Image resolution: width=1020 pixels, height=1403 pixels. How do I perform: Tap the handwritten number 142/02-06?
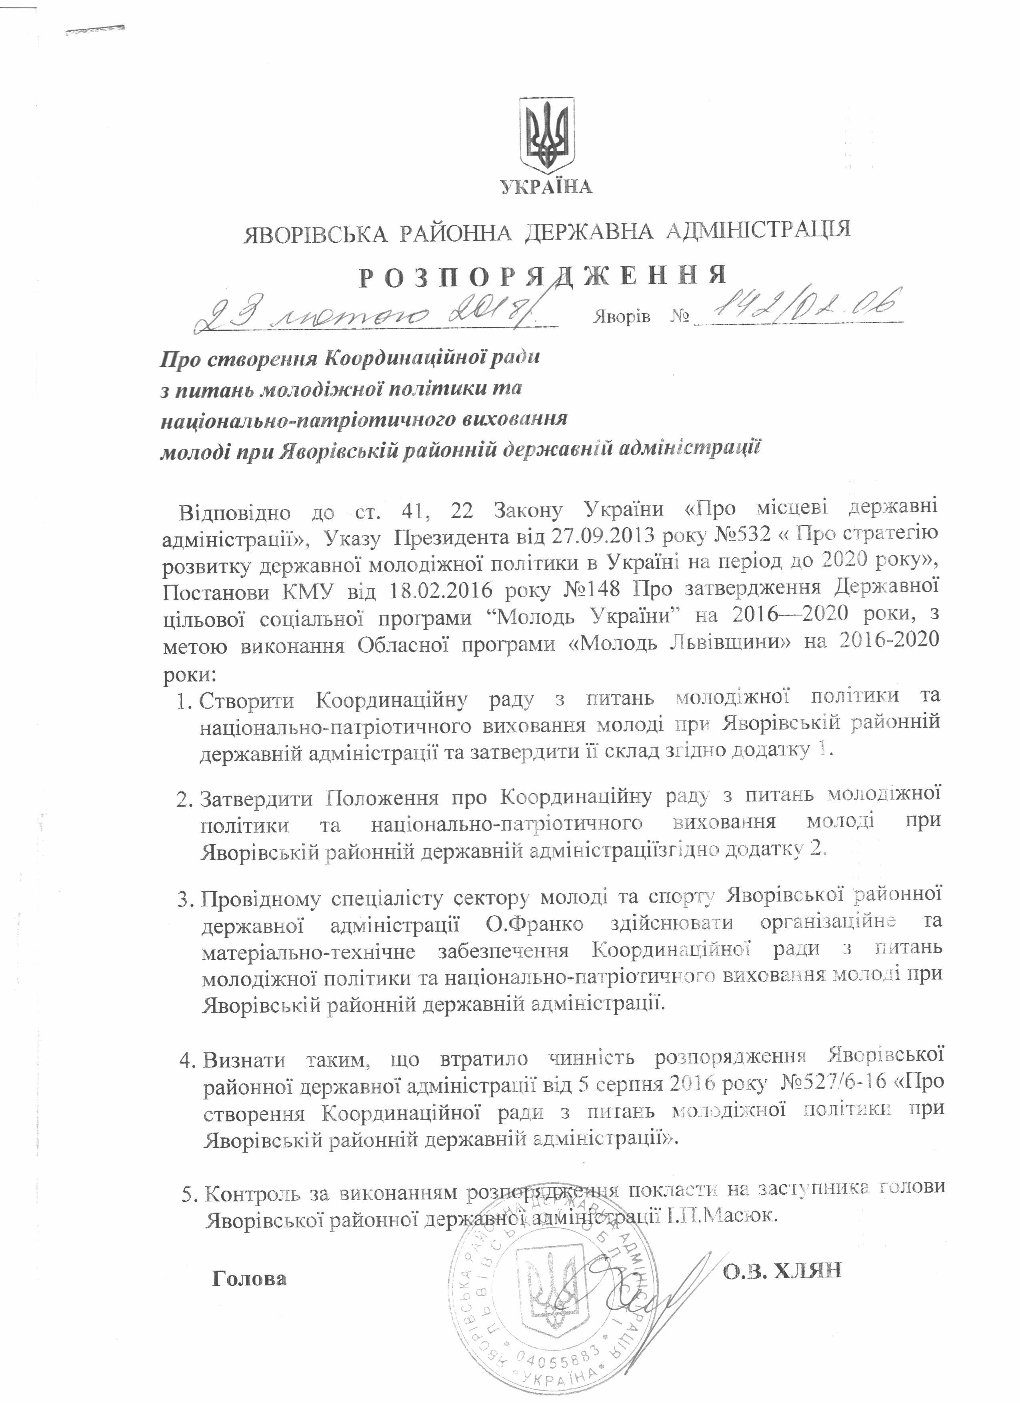pyautogui.click(x=798, y=308)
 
